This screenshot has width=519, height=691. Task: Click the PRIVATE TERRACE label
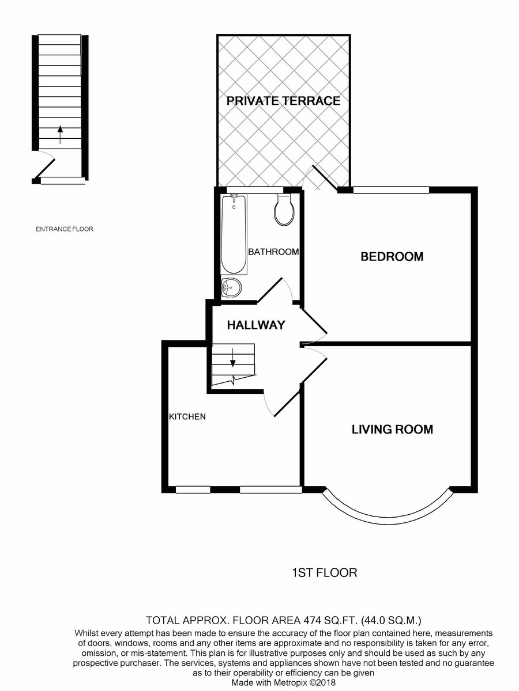(x=283, y=101)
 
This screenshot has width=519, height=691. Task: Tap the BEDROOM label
(x=392, y=257)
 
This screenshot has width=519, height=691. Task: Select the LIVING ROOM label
(x=392, y=429)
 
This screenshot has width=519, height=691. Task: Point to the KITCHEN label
(x=187, y=416)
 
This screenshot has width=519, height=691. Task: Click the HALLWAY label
(x=255, y=325)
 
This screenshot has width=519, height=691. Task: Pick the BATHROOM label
(x=273, y=252)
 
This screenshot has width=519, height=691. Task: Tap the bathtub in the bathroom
(x=234, y=234)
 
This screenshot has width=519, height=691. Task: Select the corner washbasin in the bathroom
(x=231, y=286)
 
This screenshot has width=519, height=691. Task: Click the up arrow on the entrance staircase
(x=60, y=134)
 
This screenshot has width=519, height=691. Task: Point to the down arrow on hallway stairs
(x=233, y=359)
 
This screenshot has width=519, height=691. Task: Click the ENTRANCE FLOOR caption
(x=64, y=229)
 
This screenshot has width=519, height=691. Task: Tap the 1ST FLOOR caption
(x=325, y=573)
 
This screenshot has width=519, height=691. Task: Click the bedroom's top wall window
(x=391, y=189)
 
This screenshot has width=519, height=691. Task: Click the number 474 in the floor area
(x=315, y=621)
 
